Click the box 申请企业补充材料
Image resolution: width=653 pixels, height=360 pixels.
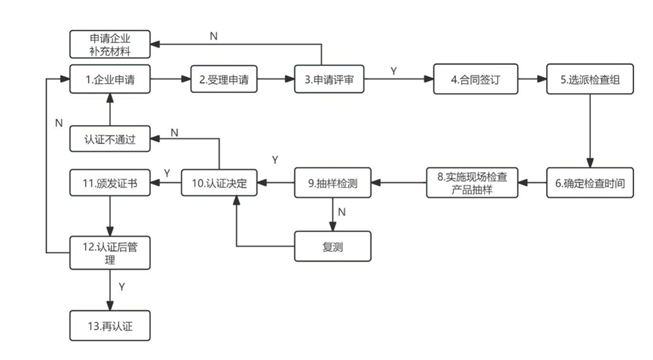pyautogui.click(x=110, y=44)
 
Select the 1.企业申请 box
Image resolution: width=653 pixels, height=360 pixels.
pyautogui.click(x=110, y=80)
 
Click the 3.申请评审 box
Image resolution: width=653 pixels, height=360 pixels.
pyautogui.click(x=329, y=80)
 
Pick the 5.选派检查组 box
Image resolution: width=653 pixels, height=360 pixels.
pyautogui.click(x=590, y=80)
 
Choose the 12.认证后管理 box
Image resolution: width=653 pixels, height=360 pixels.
pyautogui.click(x=110, y=252)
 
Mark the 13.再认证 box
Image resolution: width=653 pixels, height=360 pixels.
pyautogui.click(x=110, y=326)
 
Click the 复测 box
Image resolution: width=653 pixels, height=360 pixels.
pyautogui.click(x=333, y=247)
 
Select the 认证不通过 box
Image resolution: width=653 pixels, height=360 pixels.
pyautogui.click(x=110, y=139)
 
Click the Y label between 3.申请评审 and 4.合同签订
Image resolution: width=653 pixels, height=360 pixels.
pyautogui.click(x=394, y=71)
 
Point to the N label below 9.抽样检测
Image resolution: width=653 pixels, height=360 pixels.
pyautogui.click(x=342, y=211)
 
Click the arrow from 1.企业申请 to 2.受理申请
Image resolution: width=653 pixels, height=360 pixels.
pyautogui.click(x=171, y=80)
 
